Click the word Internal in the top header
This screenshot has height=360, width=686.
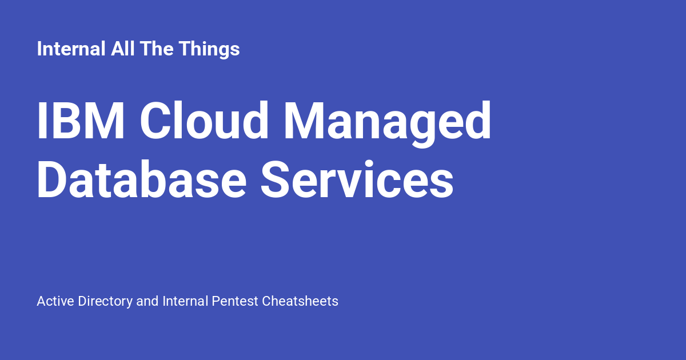coord(71,49)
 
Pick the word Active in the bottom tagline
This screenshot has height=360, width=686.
coord(55,301)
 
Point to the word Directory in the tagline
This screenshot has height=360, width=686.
coord(105,302)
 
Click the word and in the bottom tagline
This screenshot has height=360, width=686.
coord(147,301)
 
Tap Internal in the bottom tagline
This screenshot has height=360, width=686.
coord(185,301)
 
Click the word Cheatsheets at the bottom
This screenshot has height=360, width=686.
coord(300,301)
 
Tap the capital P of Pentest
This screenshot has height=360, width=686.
coord(216,301)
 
